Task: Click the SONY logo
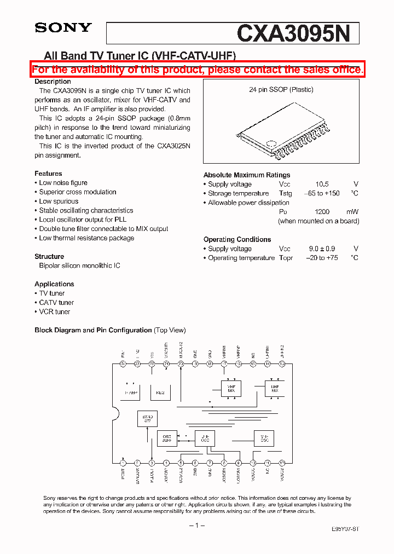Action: pos(63,28)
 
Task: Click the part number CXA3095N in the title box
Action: pos(293,34)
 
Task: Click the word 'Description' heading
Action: pos(53,82)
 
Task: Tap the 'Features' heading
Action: pos(48,174)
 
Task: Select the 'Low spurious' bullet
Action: pos(59,201)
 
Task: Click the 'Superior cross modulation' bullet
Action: pos(77,192)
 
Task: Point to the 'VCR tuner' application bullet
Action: pos(54,311)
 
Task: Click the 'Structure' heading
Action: pos(49,256)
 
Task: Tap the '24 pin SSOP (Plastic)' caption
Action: pos(281,90)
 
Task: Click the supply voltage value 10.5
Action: pos(322,184)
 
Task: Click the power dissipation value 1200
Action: pos(322,212)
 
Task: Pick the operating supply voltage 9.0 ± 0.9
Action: pos(322,249)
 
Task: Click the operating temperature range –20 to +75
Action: pos(322,258)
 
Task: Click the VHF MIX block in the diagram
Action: pos(231,388)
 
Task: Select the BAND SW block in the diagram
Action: pos(147,419)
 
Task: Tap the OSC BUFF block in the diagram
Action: pos(167,438)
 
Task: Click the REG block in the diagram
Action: pos(160,392)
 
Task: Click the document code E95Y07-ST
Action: pos(345,529)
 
